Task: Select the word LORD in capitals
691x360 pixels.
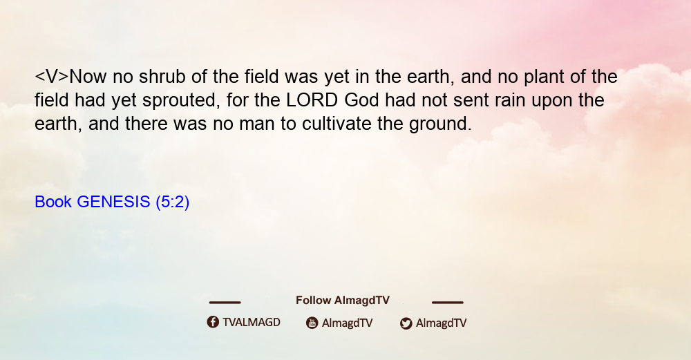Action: point(312,100)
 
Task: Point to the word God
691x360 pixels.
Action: point(361,100)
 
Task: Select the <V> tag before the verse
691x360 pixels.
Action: point(52,77)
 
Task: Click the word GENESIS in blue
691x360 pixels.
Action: point(113,202)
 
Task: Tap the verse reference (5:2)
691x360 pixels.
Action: point(172,202)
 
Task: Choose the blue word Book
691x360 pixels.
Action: point(53,202)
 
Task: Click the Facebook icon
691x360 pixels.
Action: point(213,322)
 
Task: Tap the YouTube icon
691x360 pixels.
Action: point(312,323)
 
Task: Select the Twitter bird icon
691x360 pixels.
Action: point(406,323)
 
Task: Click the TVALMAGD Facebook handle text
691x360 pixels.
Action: point(252,322)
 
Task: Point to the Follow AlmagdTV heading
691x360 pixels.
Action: point(343,301)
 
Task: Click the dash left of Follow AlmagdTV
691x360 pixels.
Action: point(225,302)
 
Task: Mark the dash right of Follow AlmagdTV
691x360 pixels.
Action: point(447,302)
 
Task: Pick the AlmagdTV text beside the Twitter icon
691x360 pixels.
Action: point(441,323)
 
